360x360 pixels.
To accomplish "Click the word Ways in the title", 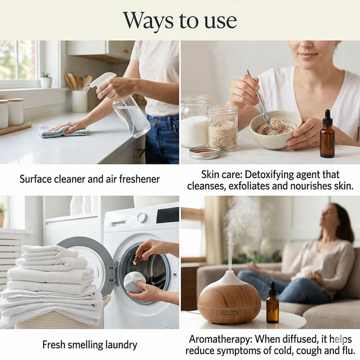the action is [148, 21].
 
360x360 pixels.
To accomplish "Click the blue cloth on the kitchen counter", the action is [63, 131].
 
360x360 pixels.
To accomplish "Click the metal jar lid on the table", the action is [205, 153].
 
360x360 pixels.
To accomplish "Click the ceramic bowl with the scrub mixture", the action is [275, 130].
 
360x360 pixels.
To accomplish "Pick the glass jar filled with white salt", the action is [195, 121].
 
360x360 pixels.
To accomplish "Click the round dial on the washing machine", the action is [142, 218].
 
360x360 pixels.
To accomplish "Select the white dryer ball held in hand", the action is [134, 283].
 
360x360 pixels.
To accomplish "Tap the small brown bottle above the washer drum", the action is [139, 257].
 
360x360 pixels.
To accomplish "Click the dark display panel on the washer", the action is [167, 215].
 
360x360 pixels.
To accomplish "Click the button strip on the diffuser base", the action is [229, 313].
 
